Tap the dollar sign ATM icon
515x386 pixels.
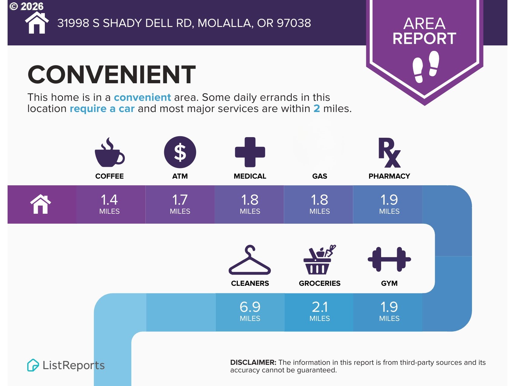click(180, 152)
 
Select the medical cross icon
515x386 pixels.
click(250, 152)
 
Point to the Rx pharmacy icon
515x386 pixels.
click(390, 153)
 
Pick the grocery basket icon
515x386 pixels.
click(320, 259)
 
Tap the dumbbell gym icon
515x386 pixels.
click(389, 259)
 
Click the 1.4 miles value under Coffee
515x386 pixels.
click(109, 204)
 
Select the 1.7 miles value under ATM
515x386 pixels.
click(180, 204)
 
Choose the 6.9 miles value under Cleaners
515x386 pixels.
click(250, 311)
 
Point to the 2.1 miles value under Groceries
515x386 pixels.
click(320, 311)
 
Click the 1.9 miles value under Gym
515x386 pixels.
click(389, 311)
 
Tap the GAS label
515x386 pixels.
click(320, 176)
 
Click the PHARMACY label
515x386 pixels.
click(389, 176)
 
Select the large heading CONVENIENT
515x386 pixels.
click(112, 74)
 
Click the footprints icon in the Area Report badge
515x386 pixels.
click(426, 67)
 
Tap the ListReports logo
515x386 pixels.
click(66, 365)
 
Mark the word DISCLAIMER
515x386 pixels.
click(253, 362)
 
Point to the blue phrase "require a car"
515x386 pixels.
click(102, 109)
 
